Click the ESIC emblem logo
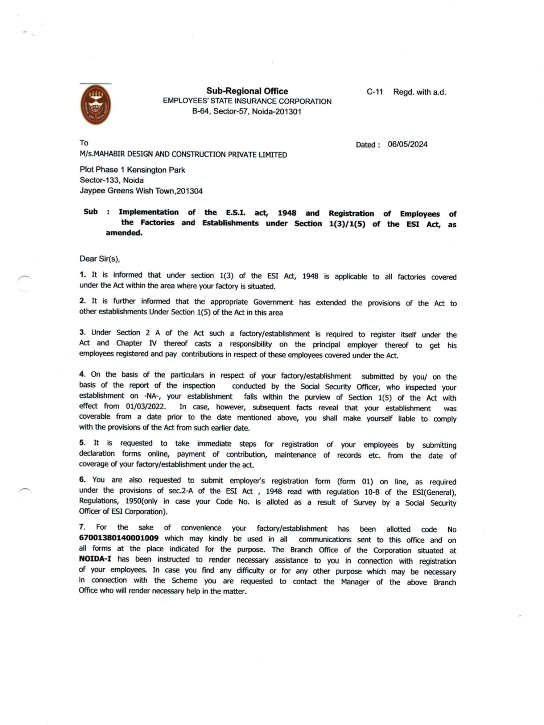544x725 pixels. (96, 105)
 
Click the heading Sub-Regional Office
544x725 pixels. (247, 91)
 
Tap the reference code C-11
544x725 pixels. (375, 92)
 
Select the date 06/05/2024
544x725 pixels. (407, 145)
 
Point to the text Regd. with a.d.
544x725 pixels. (420, 92)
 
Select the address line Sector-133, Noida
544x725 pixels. (112, 180)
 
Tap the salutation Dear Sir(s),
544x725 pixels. (100, 259)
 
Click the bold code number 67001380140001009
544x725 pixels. (119, 538)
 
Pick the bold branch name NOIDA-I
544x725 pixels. (95, 559)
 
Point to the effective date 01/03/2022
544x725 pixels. (146, 406)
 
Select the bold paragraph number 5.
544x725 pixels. (82, 443)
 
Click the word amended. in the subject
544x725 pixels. (124, 233)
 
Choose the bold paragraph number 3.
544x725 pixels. (82, 332)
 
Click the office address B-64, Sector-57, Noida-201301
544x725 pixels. (247, 112)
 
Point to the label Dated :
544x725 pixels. (368, 145)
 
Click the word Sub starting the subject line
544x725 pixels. (91, 212)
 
